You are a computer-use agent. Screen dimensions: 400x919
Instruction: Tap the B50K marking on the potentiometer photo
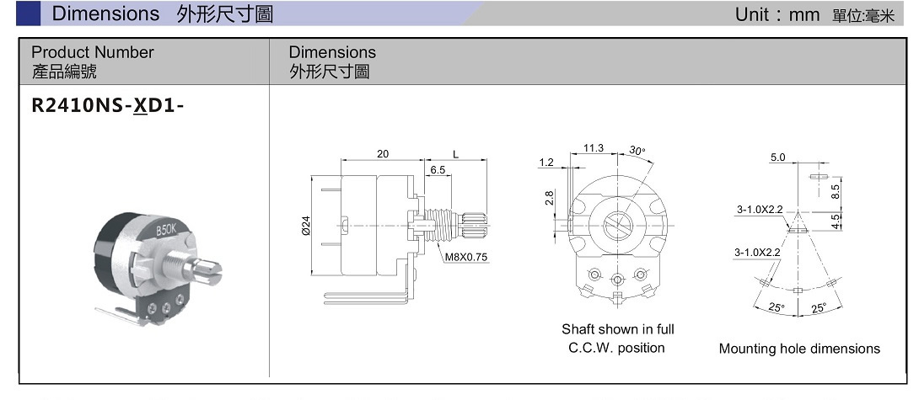(x=166, y=229)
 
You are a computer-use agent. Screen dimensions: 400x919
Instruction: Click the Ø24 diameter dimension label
(x=306, y=226)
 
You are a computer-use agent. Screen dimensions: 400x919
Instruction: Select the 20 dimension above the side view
(x=383, y=153)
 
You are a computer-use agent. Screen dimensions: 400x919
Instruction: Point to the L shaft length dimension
(x=455, y=153)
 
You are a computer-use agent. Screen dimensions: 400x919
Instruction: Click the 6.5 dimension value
(x=438, y=169)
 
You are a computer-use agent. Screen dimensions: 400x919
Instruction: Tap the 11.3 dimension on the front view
(x=594, y=148)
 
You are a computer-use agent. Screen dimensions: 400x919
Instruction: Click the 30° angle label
(x=637, y=151)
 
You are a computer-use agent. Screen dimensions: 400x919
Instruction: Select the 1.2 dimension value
(x=545, y=162)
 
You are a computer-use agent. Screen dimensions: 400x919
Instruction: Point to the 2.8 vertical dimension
(x=550, y=198)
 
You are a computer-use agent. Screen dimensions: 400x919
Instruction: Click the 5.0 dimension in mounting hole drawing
(x=777, y=157)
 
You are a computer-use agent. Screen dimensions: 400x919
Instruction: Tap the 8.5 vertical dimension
(x=836, y=191)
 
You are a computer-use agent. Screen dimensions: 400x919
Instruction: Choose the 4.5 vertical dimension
(x=836, y=221)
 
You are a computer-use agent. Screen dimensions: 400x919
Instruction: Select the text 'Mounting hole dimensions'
(x=799, y=349)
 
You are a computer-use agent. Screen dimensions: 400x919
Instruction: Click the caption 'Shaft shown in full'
(x=618, y=329)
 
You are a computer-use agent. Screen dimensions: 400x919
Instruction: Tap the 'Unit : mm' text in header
(x=771, y=15)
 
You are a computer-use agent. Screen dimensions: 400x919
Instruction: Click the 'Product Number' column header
(x=93, y=52)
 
